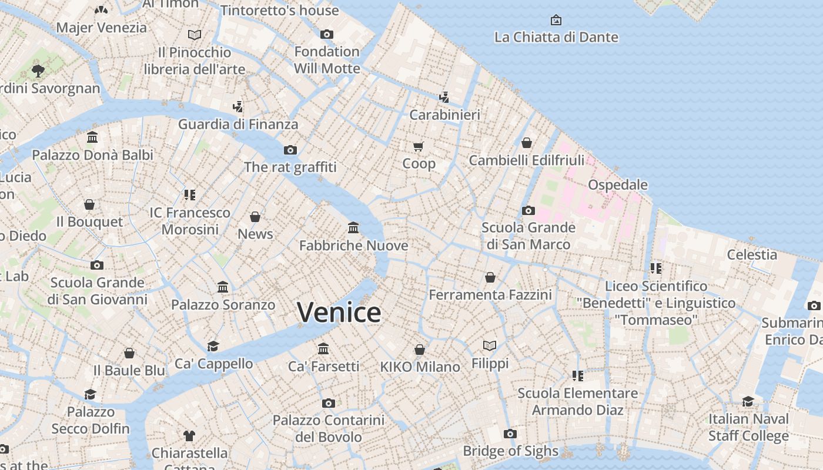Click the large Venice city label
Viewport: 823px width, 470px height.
click(x=339, y=313)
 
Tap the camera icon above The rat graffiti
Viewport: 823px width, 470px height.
click(x=290, y=150)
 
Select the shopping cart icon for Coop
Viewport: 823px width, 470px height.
click(x=419, y=146)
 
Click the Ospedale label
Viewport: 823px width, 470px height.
click(x=618, y=184)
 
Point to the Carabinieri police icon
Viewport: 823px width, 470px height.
click(x=444, y=98)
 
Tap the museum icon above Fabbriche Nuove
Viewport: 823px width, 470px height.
click(x=353, y=227)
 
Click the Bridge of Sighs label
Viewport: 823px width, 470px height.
click(x=510, y=451)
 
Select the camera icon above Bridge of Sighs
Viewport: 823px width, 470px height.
click(x=510, y=434)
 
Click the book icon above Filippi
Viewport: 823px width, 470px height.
click(x=490, y=345)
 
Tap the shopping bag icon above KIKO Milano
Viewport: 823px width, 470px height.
click(x=420, y=350)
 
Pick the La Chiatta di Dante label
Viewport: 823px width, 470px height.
click(x=556, y=37)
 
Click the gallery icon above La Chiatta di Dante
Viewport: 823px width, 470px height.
click(x=556, y=20)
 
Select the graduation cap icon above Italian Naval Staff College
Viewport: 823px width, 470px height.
click(x=748, y=401)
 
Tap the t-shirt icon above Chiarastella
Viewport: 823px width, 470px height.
click(x=189, y=435)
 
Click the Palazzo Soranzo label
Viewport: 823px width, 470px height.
click(x=223, y=305)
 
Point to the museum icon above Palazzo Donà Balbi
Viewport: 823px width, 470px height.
click(x=92, y=137)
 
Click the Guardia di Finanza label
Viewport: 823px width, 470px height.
click(x=238, y=124)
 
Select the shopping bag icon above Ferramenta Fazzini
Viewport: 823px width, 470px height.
click(x=490, y=277)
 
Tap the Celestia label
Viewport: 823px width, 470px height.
click(x=752, y=254)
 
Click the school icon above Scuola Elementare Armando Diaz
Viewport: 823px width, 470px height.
click(x=577, y=375)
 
